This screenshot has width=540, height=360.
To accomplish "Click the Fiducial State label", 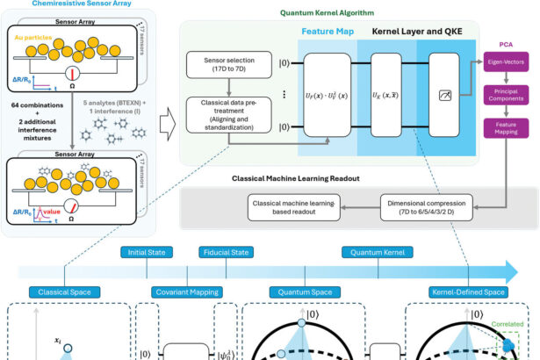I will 223,249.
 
